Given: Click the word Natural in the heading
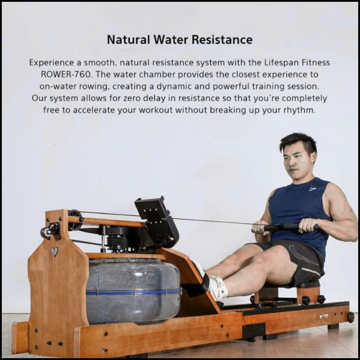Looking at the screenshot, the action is click(129, 40).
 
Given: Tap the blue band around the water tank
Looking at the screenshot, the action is click(133, 292).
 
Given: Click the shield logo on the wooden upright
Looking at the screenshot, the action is click(54, 252).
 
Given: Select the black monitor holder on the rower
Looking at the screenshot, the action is click(157, 220).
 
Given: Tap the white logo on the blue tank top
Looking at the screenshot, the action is click(312, 189).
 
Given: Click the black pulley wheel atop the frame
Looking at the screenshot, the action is click(75, 220).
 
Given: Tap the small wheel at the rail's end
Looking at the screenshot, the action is click(351, 317).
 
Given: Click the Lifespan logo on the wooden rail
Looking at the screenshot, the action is click(324, 316).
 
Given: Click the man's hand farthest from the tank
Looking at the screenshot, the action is click(307, 225).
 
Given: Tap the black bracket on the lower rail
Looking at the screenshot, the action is click(254, 330).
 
